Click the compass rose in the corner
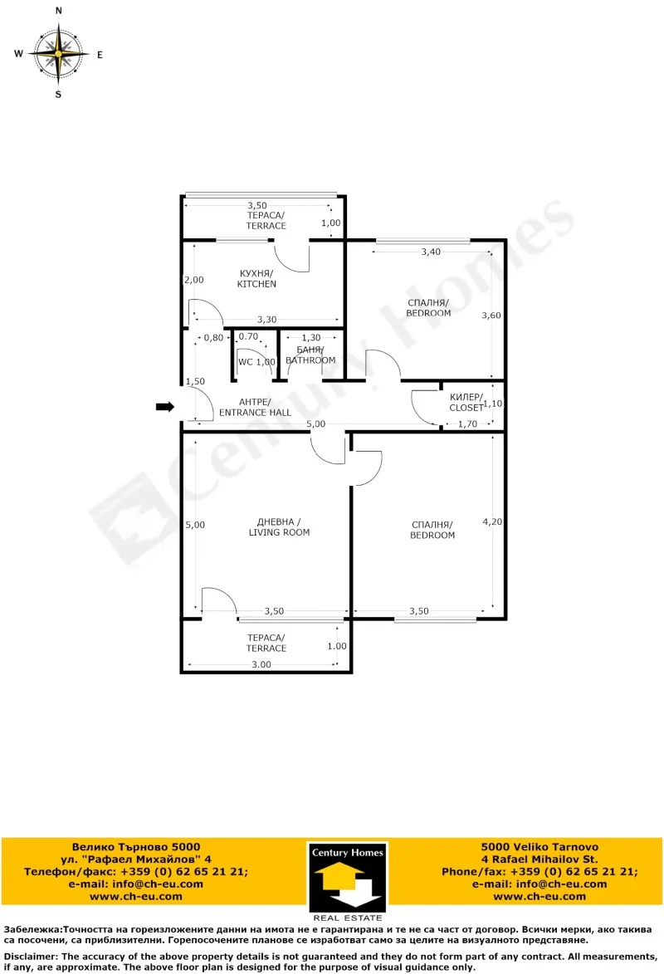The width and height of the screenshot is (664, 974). coord(59,52)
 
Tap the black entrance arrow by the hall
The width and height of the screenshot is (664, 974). coord(165,407)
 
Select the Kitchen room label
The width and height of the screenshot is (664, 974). coord(256,279)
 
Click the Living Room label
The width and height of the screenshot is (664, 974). coord(279,527)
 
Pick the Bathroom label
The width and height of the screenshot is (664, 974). coord(310,355)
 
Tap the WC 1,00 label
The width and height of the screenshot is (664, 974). coord(256,362)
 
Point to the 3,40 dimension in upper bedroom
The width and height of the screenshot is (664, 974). coord(430,251)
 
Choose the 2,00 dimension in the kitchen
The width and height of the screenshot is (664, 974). coord(193,280)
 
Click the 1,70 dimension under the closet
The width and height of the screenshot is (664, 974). coord(469,424)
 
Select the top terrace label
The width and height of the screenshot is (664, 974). coord(266,221)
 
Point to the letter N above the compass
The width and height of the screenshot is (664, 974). coord(58,12)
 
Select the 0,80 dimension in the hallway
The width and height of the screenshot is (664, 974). coord(213,337)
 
